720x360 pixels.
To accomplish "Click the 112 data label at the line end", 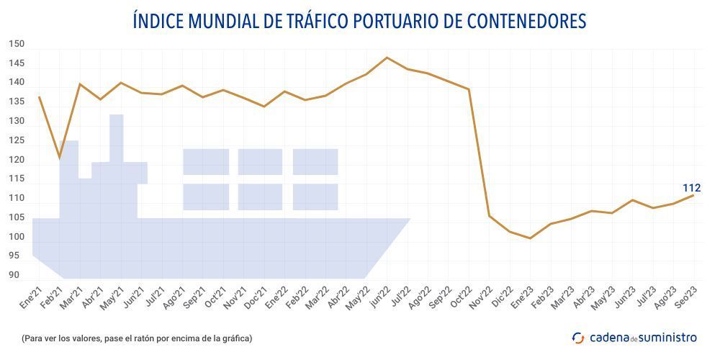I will point(691,188).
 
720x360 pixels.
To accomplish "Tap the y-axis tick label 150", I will point(17,44).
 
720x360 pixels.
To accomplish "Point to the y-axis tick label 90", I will point(14,275).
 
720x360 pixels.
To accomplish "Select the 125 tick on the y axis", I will point(17,140).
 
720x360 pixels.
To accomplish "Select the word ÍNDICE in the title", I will point(157,22).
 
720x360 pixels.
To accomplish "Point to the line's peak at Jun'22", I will point(387,58).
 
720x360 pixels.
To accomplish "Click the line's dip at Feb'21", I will point(60,157).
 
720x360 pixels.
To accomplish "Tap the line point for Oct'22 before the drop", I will point(469,89).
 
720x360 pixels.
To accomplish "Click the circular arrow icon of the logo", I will point(578,338).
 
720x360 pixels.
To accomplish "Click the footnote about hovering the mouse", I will point(137,338).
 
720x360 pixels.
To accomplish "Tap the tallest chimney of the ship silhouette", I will point(117,137).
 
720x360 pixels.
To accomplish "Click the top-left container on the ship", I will point(206,161).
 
